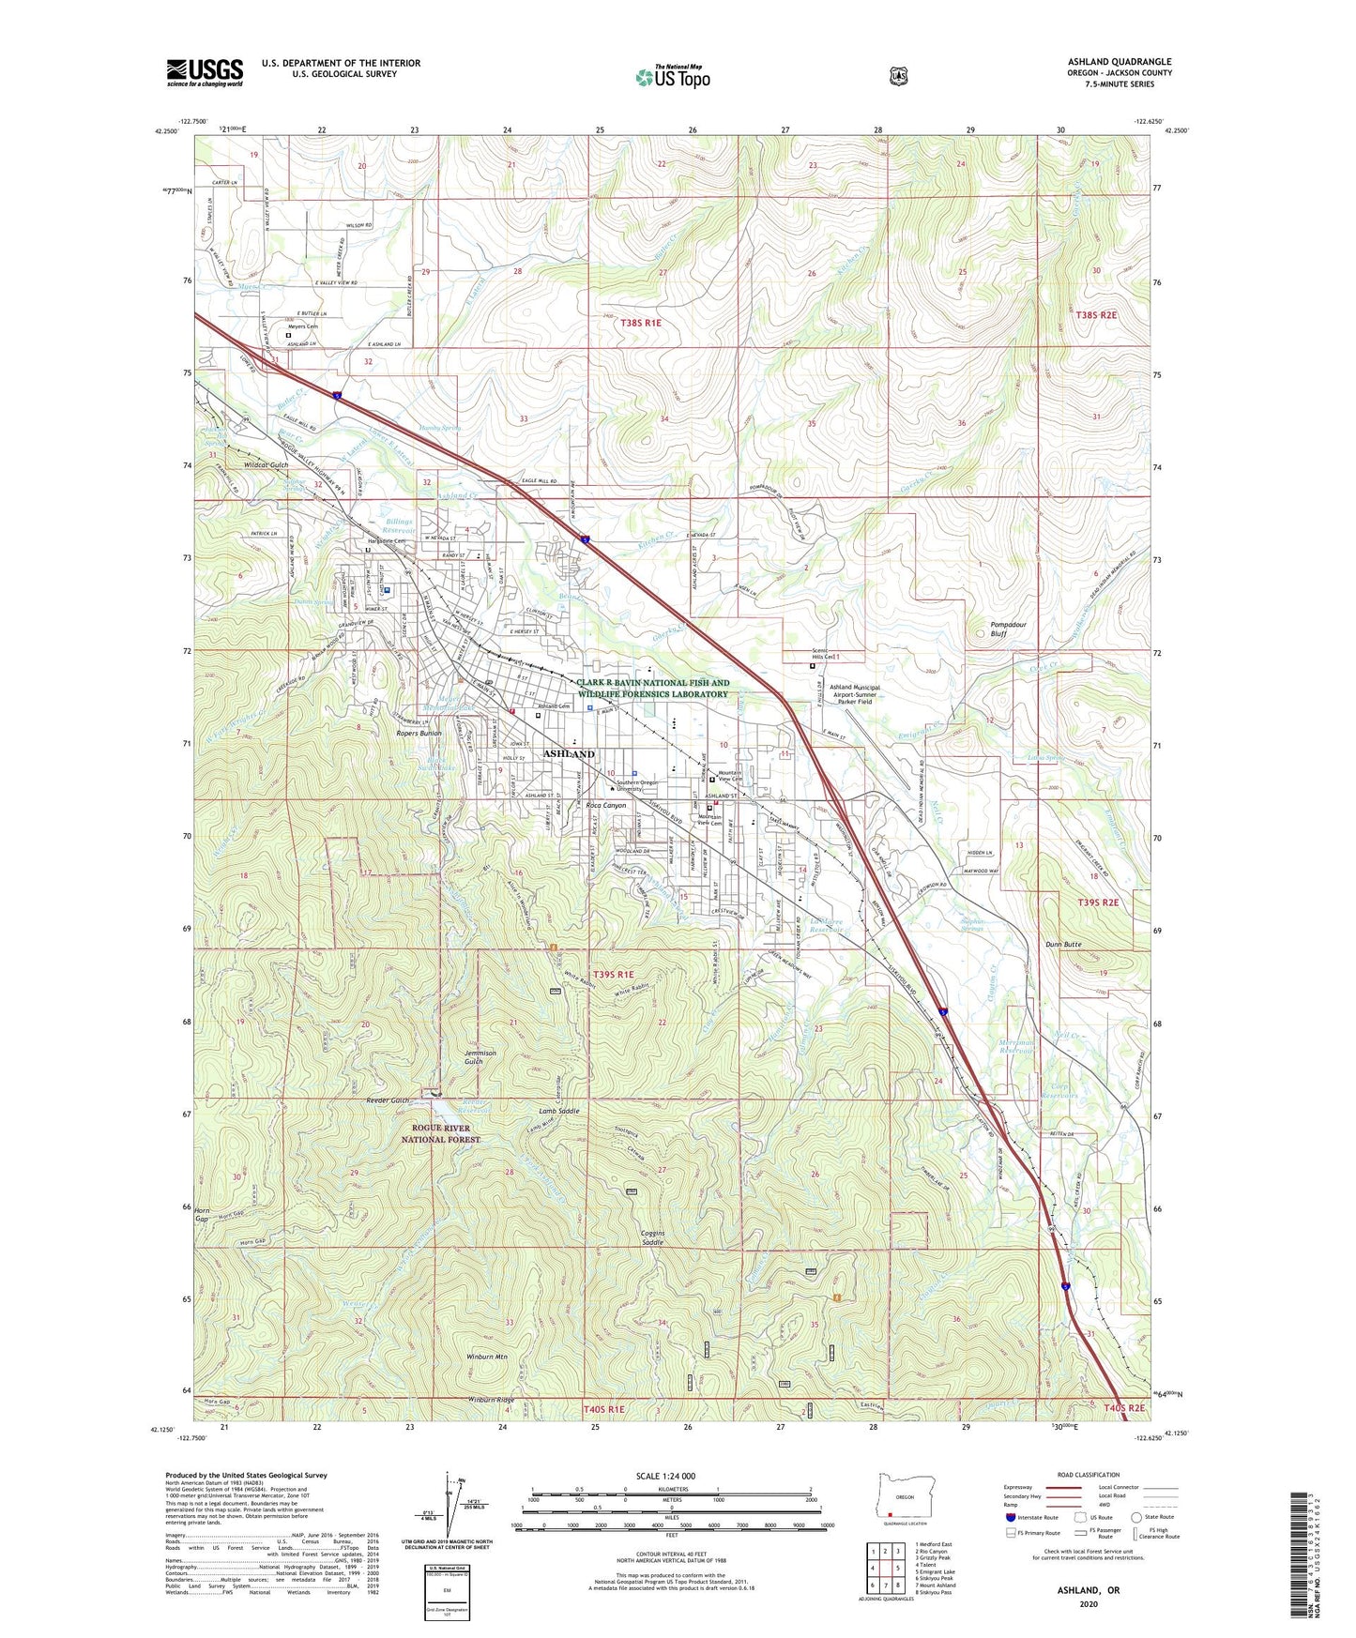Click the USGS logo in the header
point(205,72)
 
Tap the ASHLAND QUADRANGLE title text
point(1119,62)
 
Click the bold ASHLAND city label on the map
point(569,753)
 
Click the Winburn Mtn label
point(486,1357)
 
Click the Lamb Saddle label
point(558,1111)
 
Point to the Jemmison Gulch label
point(480,1057)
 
